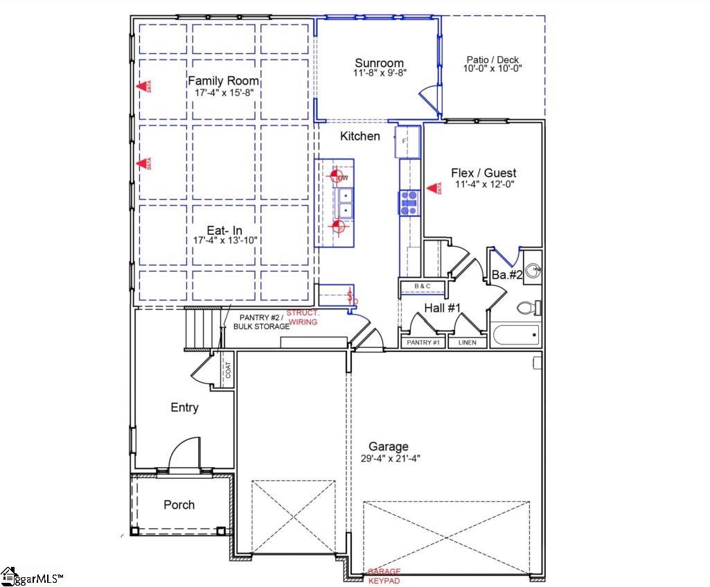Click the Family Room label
[224, 81]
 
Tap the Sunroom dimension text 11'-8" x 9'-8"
[379, 72]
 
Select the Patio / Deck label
[492, 60]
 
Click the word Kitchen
[360, 137]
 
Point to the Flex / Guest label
[483, 173]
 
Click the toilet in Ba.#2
[531, 307]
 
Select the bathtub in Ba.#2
[515, 336]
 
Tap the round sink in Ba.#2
[532, 271]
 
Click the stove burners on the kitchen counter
[409, 203]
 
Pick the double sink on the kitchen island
[344, 202]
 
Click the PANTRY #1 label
[423, 342]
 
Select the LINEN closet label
[468, 342]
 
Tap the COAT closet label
[228, 370]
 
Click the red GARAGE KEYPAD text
[384, 575]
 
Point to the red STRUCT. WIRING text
[303, 317]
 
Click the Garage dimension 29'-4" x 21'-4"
[389, 457]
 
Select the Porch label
[179, 505]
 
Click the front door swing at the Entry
[181, 456]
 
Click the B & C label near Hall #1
[423, 286]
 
